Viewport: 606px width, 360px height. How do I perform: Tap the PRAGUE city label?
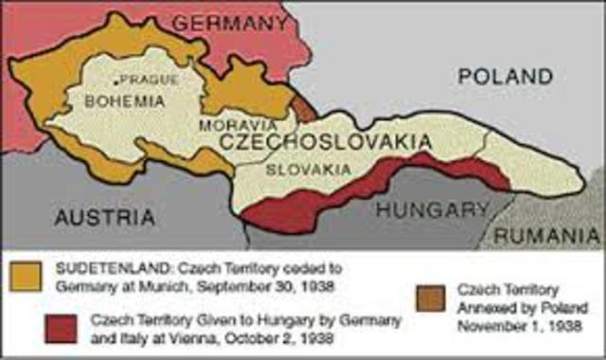coord(151,80)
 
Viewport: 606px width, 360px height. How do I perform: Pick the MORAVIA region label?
coord(236,125)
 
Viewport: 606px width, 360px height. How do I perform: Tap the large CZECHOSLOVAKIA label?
coord(326,143)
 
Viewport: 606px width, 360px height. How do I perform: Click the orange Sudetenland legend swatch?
coord(28,274)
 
